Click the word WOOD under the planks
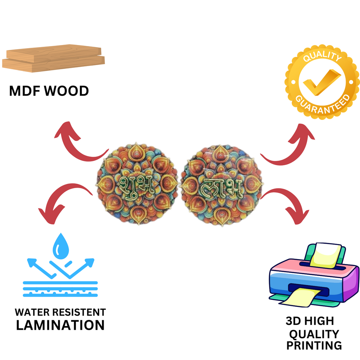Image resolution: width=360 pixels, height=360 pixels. (66, 91)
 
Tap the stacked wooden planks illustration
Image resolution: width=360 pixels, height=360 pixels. (53, 58)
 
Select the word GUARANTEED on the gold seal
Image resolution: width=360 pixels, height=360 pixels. (323, 104)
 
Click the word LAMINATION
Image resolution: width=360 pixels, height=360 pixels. (60, 325)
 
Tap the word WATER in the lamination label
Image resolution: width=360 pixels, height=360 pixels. (32, 312)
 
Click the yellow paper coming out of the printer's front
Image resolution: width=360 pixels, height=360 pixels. (300, 297)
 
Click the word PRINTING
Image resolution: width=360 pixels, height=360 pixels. (314, 346)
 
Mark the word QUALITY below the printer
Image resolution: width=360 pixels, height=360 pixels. (314, 334)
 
